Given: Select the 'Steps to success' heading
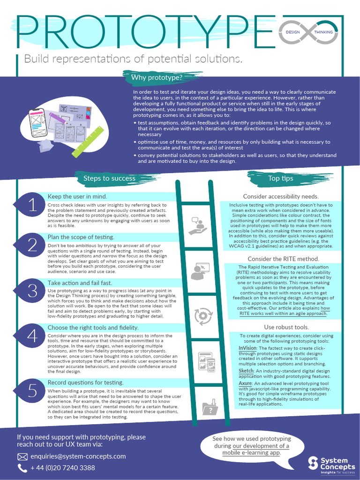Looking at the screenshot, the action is [109, 178].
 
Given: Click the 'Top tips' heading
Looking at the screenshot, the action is [280, 178].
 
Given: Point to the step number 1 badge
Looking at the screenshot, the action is [32, 205].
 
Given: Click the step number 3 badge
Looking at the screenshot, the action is [32, 291].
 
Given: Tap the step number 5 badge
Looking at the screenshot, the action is [32, 390].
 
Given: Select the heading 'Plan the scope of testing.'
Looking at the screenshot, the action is [81, 237].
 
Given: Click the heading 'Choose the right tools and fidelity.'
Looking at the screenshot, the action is [93, 327].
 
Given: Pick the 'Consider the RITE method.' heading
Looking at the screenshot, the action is [283, 259].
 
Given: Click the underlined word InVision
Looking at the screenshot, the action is [247, 348].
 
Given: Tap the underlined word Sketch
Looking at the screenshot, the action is [246, 370].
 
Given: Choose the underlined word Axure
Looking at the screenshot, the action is [246, 383].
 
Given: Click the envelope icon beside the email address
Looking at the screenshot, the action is [22, 457].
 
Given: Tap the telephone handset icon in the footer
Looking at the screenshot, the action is [22, 468].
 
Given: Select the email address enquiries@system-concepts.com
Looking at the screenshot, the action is [78, 456].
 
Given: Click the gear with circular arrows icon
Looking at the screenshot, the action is [203, 316].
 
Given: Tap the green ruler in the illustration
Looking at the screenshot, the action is [88, 142].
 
